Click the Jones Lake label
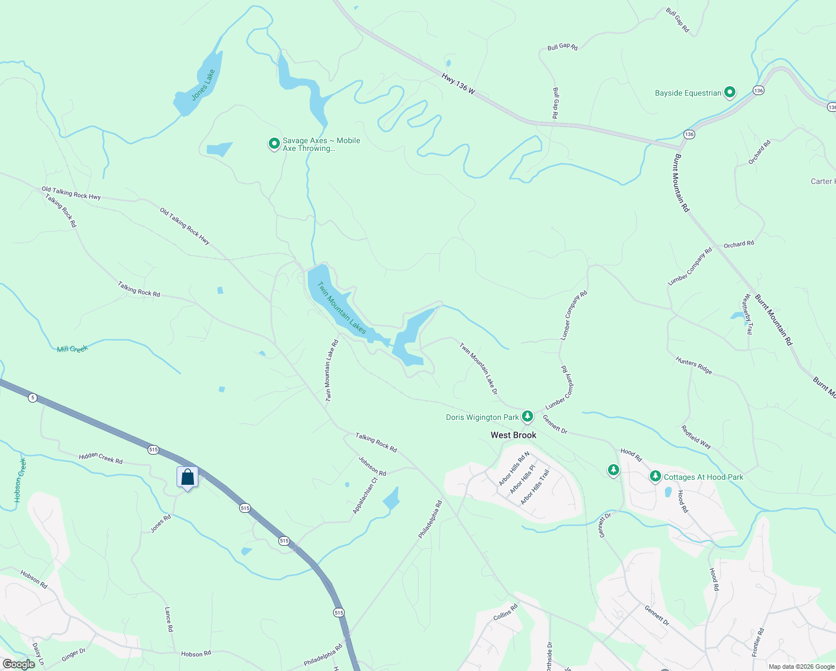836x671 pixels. point(203,85)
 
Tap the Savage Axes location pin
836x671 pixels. point(274,144)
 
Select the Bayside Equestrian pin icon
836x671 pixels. point(729,92)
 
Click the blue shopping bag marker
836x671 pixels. point(188,478)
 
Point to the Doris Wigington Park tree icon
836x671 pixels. point(527,416)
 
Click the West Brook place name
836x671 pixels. point(513,435)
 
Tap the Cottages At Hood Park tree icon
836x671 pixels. point(655,476)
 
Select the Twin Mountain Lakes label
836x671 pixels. point(341,308)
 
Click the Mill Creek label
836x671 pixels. point(73,349)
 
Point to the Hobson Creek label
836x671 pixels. point(20,480)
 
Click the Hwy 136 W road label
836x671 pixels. point(458,83)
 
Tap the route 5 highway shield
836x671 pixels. point(33,398)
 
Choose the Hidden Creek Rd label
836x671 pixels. point(101,458)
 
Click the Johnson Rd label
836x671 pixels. point(372,466)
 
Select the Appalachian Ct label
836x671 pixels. point(365,495)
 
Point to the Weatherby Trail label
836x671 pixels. point(747,314)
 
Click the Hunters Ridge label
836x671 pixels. point(693,365)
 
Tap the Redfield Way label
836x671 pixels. point(696,437)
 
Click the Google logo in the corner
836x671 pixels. point(19,664)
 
